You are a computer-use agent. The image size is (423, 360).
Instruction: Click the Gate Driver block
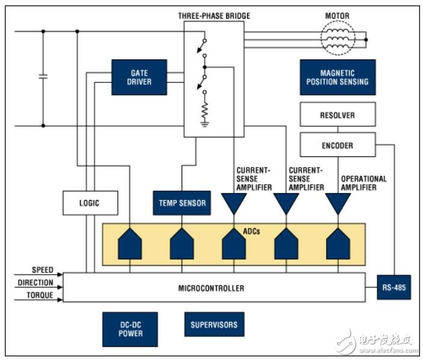click(x=140, y=77)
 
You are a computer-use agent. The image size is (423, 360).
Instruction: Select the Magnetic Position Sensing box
click(x=338, y=77)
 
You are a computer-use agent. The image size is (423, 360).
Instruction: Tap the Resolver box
click(x=338, y=114)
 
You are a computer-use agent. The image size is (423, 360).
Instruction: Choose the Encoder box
click(x=337, y=145)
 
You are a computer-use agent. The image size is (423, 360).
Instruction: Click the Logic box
click(x=89, y=203)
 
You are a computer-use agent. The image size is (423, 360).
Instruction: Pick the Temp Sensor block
click(x=182, y=203)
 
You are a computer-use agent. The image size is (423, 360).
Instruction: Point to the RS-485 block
click(x=394, y=288)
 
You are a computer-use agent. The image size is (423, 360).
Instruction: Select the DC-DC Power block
click(x=129, y=329)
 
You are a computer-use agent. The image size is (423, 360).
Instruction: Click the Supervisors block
click(x=214, y=325)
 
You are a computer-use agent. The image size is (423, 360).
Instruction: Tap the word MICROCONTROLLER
click(x=211, y=288)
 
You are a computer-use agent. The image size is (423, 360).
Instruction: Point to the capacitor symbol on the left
click(x=43, y=77)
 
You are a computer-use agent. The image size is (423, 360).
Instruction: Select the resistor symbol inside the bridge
click(x=205, y=111)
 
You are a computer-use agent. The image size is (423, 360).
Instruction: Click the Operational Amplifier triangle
click(x=338, y=203)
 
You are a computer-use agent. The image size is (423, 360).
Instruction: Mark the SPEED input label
click(x=42, y=270)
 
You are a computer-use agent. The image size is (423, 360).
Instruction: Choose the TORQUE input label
click(x=40, y=295)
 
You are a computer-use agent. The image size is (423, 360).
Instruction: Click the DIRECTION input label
click(x=36, y=282)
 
